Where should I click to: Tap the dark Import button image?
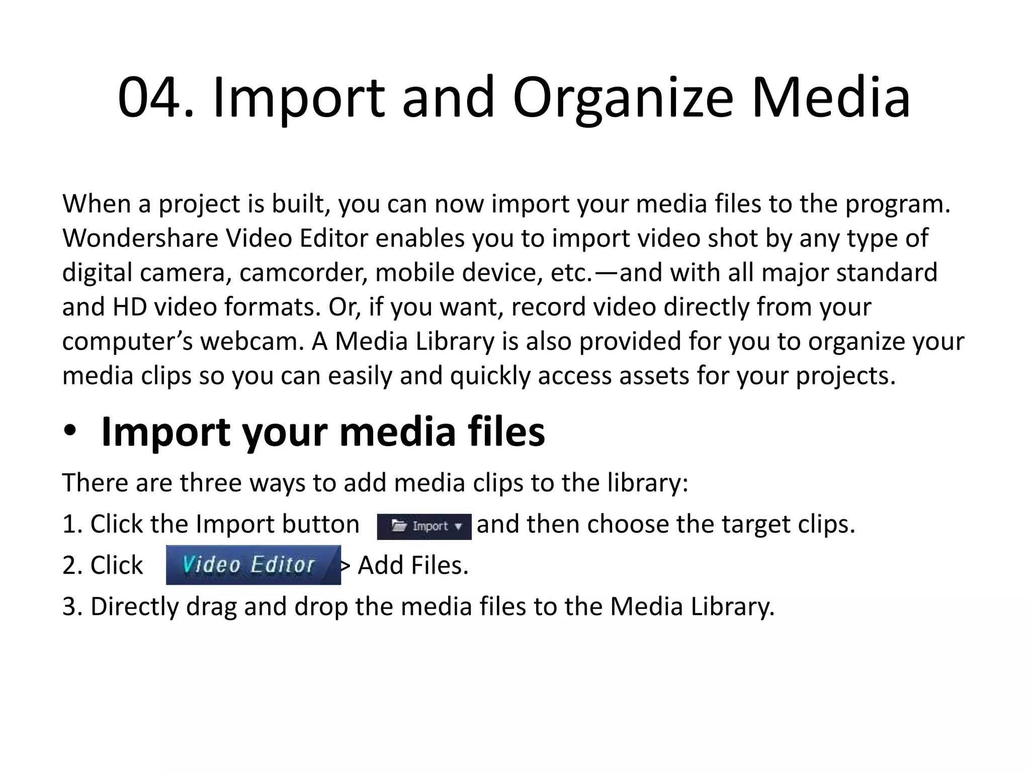pos(424,526)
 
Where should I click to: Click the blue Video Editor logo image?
pos(253,565)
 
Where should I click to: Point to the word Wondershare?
pos(140,238)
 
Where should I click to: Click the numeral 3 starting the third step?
pos(69,606)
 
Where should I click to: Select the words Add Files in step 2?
pos(413,566)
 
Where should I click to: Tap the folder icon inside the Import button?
pos(399,526)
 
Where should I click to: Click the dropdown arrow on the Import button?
pos(458,527)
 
